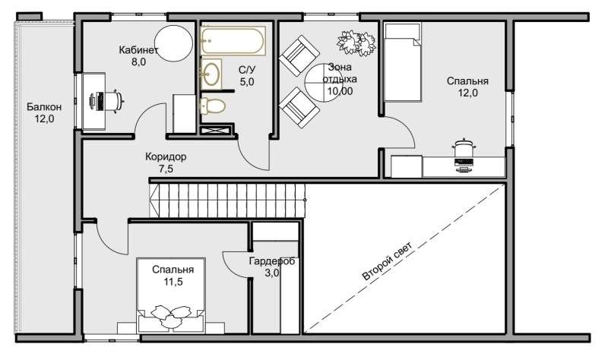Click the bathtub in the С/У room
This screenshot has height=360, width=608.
233,41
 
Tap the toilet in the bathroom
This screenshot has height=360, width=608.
213,106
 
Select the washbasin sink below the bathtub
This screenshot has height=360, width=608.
211,74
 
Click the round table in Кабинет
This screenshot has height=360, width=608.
173,43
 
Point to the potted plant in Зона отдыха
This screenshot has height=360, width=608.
356,43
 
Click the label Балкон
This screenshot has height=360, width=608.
44,106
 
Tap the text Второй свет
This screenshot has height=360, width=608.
388,261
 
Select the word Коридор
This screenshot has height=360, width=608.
166,156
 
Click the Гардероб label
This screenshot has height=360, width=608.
272,261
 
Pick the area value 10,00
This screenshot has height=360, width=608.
340,91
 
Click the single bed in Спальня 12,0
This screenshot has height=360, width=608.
402,62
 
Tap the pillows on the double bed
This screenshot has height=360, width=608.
171,314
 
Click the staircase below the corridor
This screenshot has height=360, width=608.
227,201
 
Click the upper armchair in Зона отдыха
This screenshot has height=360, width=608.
299,55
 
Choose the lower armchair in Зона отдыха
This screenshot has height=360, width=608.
299,107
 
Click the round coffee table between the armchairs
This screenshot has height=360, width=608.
324,83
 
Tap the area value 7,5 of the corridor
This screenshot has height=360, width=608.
166,169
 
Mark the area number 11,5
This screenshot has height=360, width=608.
173,282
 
